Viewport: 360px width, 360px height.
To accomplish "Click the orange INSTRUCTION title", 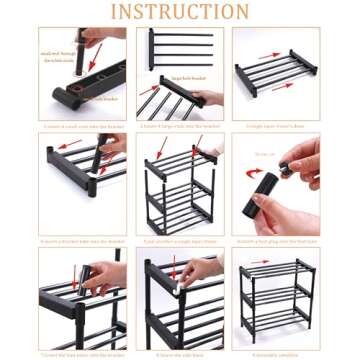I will coord(180,12).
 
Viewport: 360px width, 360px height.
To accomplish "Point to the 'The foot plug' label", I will coord(264,155).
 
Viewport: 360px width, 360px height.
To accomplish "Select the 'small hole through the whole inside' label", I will coord(58,56).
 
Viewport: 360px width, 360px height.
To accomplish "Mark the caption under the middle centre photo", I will coord(180,241).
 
